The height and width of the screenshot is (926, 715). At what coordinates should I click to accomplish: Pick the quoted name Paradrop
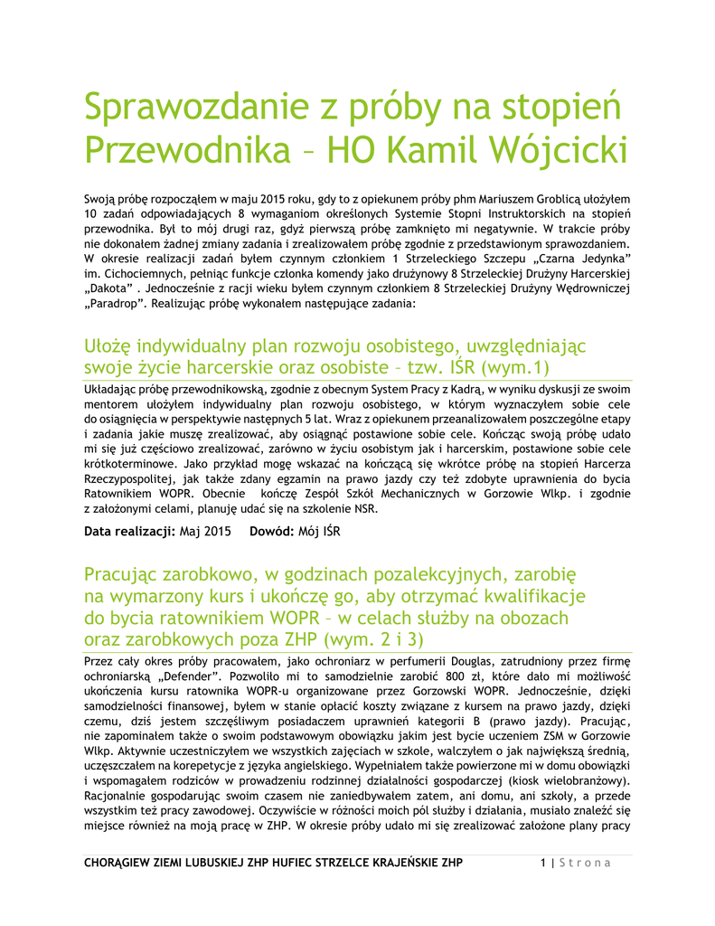pos(113,305)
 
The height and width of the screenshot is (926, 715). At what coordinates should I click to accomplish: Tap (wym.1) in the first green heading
pos(517,368)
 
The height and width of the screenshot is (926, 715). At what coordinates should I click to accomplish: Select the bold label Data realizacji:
pos(129,532)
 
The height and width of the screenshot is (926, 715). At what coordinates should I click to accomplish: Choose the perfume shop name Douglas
pos(467,661)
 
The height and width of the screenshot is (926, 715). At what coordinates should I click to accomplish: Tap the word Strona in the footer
pos(585,863)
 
